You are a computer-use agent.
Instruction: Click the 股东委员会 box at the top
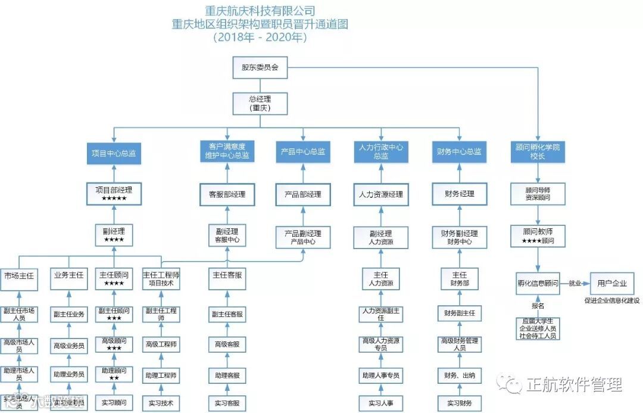[260, 67]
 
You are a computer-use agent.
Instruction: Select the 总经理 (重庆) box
[260, 103]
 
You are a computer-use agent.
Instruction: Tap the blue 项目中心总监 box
[114, 153]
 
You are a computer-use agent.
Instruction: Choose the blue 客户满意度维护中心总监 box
[227, 151]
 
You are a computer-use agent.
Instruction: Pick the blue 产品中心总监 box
[303, 152]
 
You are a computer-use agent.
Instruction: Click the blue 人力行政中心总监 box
[381, 151]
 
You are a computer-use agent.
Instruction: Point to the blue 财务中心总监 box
[459, 152]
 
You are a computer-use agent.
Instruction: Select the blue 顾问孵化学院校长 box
[538, 151]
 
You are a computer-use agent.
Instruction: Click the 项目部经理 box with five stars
[114, 194]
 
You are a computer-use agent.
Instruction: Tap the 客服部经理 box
[227, 194]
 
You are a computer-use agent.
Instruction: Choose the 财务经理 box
[459, 194]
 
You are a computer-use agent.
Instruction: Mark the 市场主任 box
[18, 275]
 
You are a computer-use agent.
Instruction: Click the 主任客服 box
[227, 275]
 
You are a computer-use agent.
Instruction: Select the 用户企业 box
[607, 282]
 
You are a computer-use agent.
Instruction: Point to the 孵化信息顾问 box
[538, 283]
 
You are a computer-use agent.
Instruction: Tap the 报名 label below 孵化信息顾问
[538, 305]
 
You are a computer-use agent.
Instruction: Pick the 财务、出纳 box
[459, 375]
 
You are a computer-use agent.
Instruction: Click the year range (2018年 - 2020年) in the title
[260, 37]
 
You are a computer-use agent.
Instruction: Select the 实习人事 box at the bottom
[381, 403]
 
